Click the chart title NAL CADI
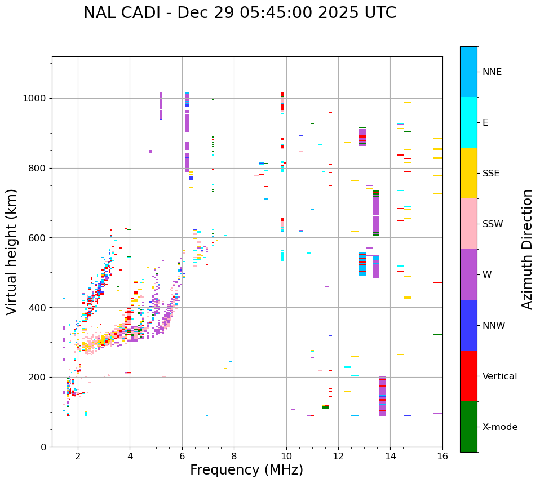pyautogui.click(x=240, y=13)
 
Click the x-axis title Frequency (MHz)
pyautogui.click(x=246, y=470)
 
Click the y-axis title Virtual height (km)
pyautogui.click(x=12, y=252)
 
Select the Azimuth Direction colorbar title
pyautogui.click(x=527, y=249)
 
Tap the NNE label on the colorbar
pyautogui.click(x=492, y=72)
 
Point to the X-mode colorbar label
pyautogui.click(x=499, y=427)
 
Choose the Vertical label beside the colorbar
pyautogui.click(x=499, y=376)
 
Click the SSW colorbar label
pyautogui.click(x=493, y=224)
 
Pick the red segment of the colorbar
pyautogui.click(x=468, y=376)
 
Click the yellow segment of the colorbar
pyautogui.click(x=468, y=173)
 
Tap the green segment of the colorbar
pyautogui.click(x=468, y=427)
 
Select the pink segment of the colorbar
pyautogui.click(x=468, y=224)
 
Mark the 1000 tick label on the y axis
pyautogui.click(x=36, y=98)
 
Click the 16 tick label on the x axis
pyautogui.click(x=442, y=456)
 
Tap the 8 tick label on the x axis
pyautogui.click(x=234, y=456)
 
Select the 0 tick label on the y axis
pyautogui.click(x=44, y=447)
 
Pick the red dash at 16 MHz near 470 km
pyautogui.click(x=437, y=282)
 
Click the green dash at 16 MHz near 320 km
pyautogui.click(x=437, y=335)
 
